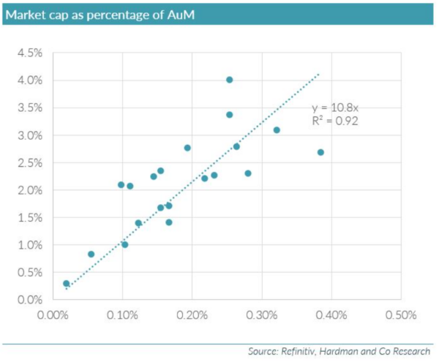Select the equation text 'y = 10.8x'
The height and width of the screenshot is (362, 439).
tap(335, 108)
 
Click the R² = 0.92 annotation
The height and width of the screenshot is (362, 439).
tap(334, 121)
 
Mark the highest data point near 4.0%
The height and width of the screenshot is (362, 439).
tap(229, 80)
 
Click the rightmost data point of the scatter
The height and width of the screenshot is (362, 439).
tap(320, 152)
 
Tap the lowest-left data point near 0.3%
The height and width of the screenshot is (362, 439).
tap(66, 283)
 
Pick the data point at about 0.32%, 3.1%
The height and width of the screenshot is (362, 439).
tap(277, 130)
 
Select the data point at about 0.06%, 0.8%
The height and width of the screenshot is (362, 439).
tap(91, 254)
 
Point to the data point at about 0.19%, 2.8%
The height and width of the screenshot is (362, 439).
tap(187, 148)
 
